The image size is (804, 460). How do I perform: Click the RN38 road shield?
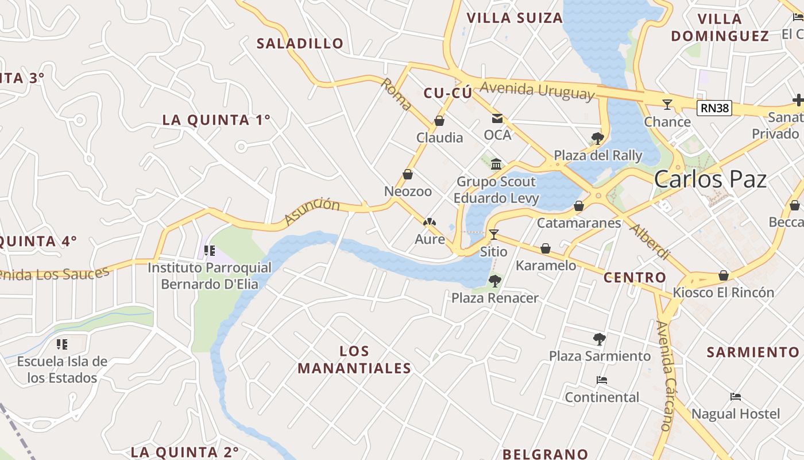[x=714, y=108]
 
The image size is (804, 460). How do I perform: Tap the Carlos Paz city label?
[x=710, y=179]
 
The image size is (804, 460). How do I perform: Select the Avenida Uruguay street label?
[x=537, y=90]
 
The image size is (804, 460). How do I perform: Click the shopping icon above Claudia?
[x=439, y=121]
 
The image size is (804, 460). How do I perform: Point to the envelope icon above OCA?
[x=497, y=118]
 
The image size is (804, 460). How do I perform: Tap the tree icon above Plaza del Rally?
[x=597, y=138]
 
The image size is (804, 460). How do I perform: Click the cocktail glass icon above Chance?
[x=667, y=105]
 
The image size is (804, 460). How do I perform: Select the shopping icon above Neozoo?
[x=408, y=174]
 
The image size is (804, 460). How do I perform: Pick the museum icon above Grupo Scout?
[x=496, y=165]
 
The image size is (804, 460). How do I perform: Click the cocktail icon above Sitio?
[x=493, y=235]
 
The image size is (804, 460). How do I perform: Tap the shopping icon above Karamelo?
[x=546, y=248]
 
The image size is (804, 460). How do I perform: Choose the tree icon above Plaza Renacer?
[x=494, y=281]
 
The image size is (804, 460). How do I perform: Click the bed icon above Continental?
[x=602, y=380]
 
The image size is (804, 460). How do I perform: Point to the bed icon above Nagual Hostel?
[x=736, y=397]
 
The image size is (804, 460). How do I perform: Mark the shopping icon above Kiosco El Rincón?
[x=724, y=275]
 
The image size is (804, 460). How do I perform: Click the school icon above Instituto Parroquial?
[x=210, y=251]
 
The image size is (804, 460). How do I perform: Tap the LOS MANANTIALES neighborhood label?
[x=354, y=359]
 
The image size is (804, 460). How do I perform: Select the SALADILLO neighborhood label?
[x=300, y=43]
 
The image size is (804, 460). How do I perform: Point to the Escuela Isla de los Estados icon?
[x=62, y=344]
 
